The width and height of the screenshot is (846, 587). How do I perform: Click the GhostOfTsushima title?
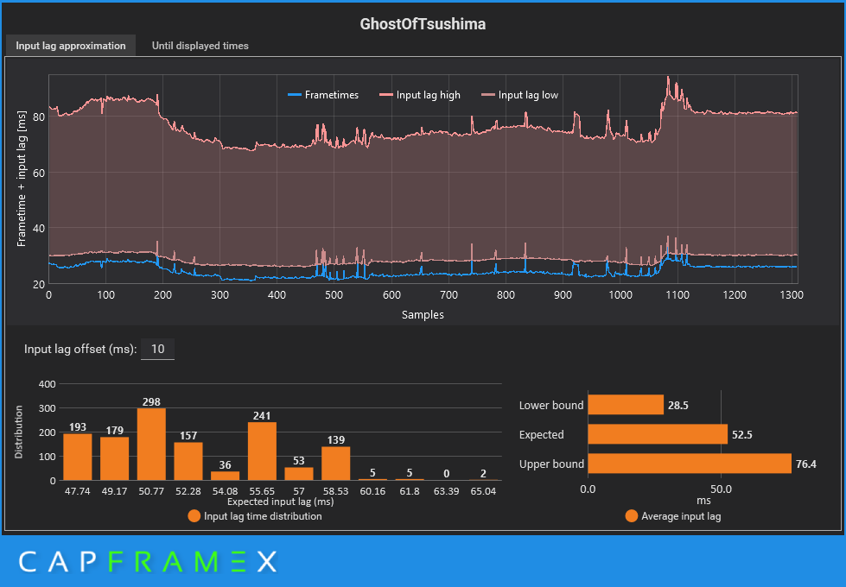click(x=423, y=24)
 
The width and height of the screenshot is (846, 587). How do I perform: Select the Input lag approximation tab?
click(x=71, y=46)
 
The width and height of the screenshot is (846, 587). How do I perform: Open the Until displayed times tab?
click(x=200, y=46)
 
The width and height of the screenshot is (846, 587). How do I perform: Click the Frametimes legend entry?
click(x=323, y=95)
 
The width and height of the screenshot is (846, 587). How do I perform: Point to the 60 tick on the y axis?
click(x=39, y=173)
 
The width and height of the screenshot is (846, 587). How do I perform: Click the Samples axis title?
click(x=423, y=315)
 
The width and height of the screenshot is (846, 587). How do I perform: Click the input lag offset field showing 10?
click(x=157, y=350)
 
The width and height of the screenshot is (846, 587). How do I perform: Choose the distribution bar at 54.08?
click(x=225, y=476)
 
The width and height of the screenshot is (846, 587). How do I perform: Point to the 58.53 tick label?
click(x=335, y=490)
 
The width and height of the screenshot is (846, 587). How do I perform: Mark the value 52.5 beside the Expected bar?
click(x=741, y=434)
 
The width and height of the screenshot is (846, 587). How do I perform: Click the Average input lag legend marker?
click(x=631, y=516)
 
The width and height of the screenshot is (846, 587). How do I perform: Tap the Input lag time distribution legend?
click(x=254, y=516)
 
